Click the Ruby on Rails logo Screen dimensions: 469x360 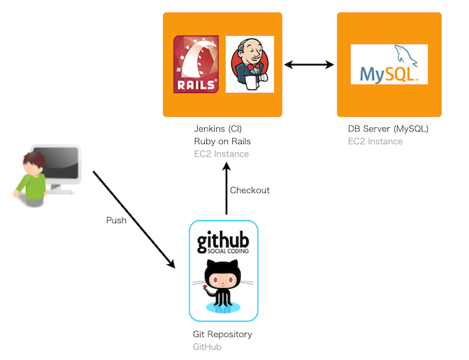[196, 64]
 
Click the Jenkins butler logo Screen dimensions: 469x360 [250, 64]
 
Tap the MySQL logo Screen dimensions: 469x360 [389, 64]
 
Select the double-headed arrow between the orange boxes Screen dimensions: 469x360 [309, 64]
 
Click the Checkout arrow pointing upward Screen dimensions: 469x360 [226, 188]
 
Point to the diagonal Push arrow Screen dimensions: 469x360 [134, 219]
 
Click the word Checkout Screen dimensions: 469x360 [250, 190]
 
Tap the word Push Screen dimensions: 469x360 [116, 220]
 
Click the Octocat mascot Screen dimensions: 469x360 [223, 287]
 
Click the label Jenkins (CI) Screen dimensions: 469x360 [218, 129]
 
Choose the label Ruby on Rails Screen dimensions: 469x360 [222, 141]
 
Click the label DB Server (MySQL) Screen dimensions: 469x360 [388, 129]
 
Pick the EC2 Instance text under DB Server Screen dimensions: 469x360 [375, 141]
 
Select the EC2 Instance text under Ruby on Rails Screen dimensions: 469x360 [222, 154]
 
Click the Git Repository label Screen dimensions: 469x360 [222, 334]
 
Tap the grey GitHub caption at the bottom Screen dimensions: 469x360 [208, 347]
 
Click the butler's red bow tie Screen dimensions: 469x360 [253, 66]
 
